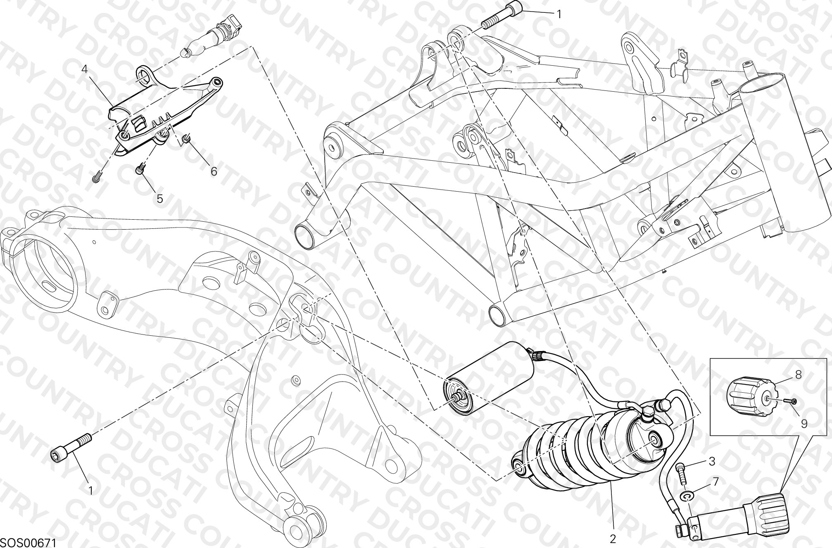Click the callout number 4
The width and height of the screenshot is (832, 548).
click(x=85, y=69)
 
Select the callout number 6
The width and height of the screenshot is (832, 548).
click(x=214, y=171)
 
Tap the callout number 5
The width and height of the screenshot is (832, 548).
click(x=160, y=199)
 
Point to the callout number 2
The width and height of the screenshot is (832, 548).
click(x=613, y=539)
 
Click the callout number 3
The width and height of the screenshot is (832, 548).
click(x=711, y=461)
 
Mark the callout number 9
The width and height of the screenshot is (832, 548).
click(x=804, y=424)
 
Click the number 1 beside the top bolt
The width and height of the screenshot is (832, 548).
click(x=559, y=14)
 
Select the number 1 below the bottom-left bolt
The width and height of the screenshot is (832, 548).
click(x=90, y=491)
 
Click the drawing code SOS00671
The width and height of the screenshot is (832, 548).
click(x=28, y=542)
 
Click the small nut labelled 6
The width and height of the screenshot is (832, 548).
click(x=187, y=138)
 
